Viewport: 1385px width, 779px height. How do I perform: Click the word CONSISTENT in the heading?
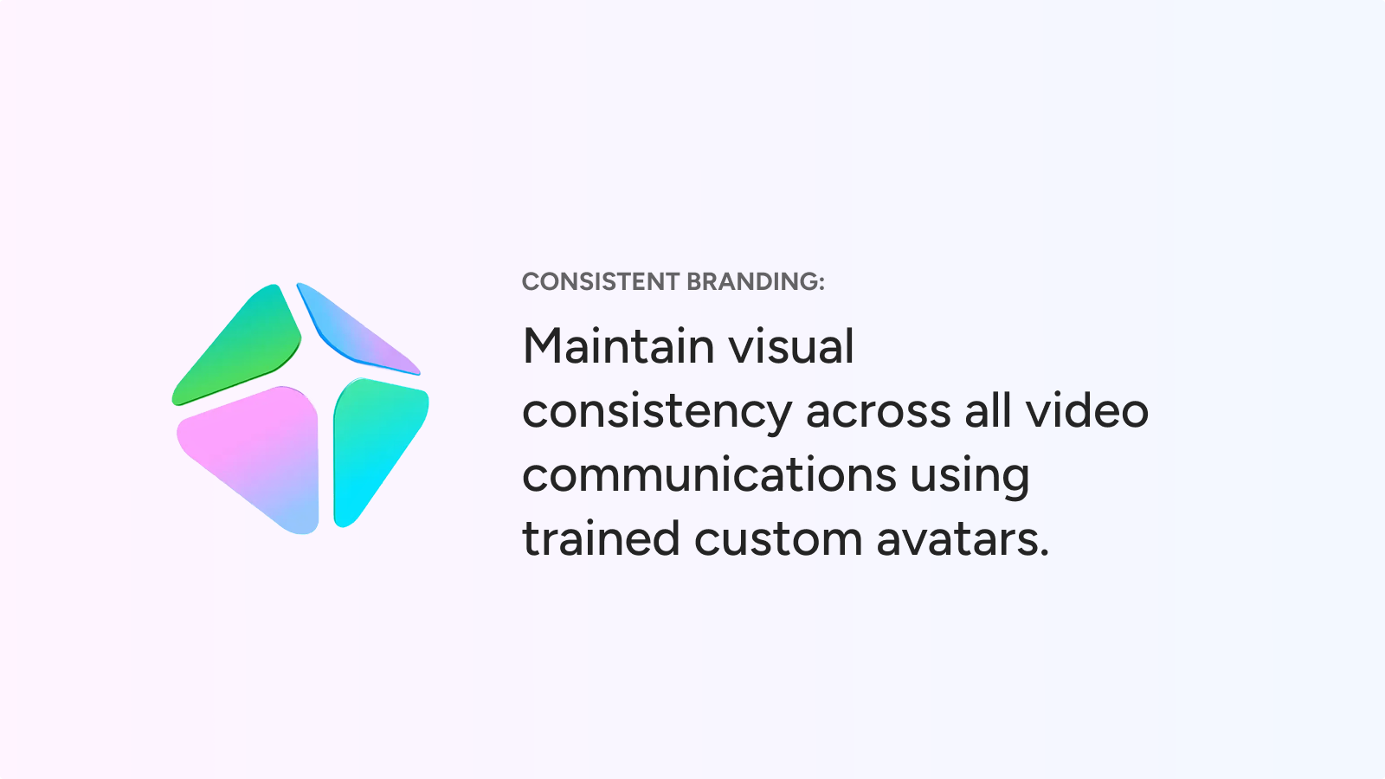pyautogui.click(x=601, y=282)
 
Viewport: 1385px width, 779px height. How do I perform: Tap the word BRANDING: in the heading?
pyautogui.click(x=756, y=282)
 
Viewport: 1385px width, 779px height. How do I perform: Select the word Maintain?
pyautogui.click(x=619, y=346)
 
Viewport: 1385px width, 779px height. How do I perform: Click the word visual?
pyautogui.click(x=791, y=346)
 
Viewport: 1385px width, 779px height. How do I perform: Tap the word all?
pyautogui.click(x=989, y=410)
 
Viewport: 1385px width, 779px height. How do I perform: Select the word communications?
pyautogui.click(x=709, y=475)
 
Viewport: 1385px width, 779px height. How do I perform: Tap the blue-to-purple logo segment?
pyautogui.click(x=356, y=331)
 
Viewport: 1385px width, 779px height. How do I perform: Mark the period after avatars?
pyautogui.click(x=1044, y=553)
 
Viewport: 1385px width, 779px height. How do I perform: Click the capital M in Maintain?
pyautogui.click(x=541, y=346)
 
